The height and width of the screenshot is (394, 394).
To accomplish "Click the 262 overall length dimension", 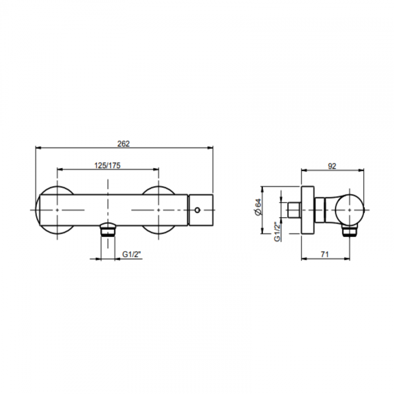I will [123, 144].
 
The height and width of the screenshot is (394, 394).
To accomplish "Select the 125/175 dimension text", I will [107, 165].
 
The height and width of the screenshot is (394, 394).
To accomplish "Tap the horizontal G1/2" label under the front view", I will [132, 254].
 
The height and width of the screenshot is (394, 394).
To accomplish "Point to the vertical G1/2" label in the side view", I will [277, 232].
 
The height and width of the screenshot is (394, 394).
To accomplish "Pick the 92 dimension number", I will [332, 166].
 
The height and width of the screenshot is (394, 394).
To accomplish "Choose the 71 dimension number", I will [325, 254].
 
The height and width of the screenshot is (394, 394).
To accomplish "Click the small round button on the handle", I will [198, 210].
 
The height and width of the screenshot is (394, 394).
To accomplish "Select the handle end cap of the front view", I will [201, 210].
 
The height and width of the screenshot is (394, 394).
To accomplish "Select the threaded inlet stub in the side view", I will [294, 210].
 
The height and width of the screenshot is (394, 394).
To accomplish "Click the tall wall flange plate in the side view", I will [308, 210].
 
